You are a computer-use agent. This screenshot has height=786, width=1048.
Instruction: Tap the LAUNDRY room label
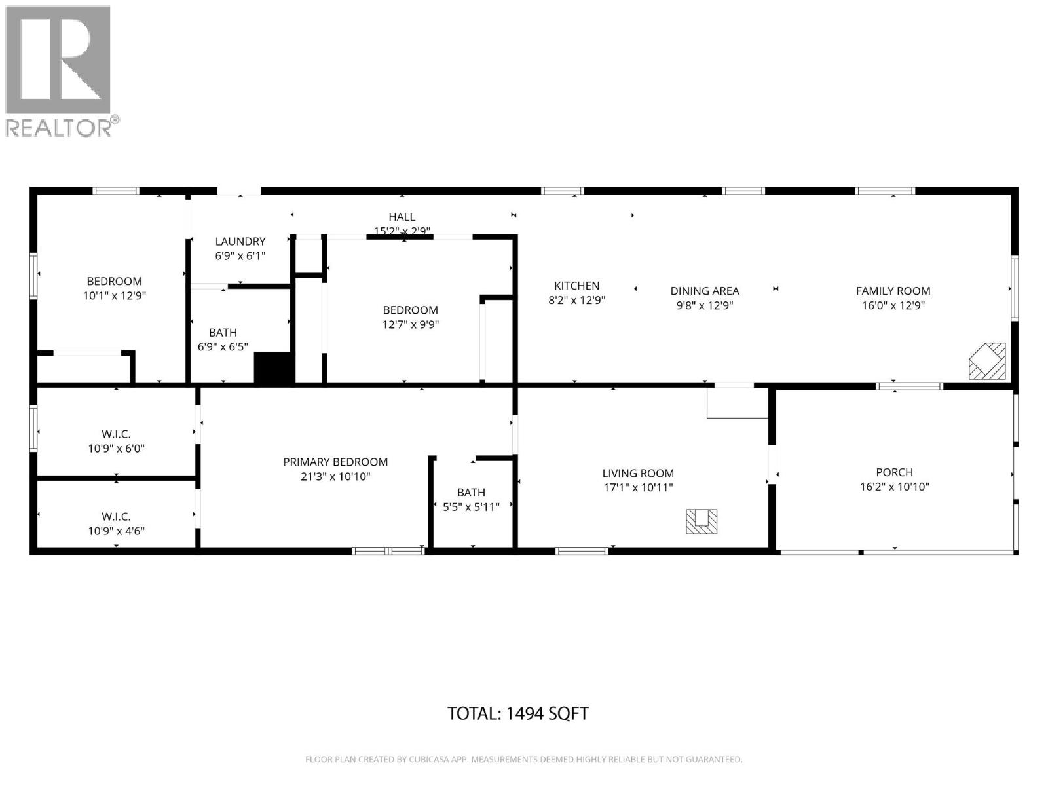point(240,242)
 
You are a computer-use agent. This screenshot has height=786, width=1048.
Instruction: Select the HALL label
point(402,217)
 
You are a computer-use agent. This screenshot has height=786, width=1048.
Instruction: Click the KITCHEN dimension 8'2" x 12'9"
point(576,301)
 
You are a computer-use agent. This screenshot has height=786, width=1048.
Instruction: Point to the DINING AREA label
point(704,291)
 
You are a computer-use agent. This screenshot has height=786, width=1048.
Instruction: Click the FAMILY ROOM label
point(893,291)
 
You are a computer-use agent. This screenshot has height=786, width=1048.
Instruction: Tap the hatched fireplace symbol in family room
point(987,361)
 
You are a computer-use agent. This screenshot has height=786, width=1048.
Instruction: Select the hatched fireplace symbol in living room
point(702,521)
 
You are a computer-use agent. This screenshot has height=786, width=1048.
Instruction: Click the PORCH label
point(894,472)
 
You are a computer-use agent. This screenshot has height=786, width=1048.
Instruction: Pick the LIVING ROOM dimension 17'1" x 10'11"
point(638,488)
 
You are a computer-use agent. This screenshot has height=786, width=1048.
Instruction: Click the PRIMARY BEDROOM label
point(335,462)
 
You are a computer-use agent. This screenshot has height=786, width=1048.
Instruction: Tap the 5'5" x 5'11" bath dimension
point(471,506)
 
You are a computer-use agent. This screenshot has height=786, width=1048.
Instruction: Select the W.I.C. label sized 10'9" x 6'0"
point(116,434)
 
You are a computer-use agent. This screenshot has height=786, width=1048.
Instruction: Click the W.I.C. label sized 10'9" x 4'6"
point(116,517)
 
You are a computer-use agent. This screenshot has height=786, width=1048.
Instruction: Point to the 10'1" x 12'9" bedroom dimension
point(114,296)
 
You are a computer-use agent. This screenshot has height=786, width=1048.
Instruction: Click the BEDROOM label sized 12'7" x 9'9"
point(410,310)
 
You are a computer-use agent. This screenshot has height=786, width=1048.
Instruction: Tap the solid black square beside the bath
point(274,369)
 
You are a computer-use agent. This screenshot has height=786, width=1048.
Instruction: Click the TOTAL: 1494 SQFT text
point(517,713)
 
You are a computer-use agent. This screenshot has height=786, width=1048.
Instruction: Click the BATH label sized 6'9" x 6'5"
point(223,333)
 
